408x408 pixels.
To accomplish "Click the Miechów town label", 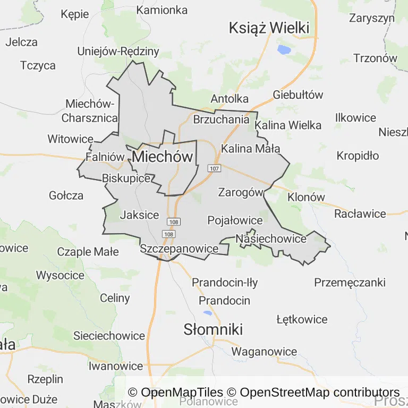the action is [162, 157].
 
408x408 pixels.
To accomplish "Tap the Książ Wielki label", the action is [269, 28].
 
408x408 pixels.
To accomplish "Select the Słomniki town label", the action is [213, 329].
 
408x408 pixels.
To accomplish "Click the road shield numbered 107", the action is [214, 168].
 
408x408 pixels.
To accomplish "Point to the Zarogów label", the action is [241, 192].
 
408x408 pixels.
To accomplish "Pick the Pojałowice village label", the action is [235, 220].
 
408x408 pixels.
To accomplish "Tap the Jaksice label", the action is [139, 215].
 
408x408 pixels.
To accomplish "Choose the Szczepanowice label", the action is [179, 248].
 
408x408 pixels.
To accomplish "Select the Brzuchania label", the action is [221, 119].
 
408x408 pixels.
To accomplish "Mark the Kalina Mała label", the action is [250, 148].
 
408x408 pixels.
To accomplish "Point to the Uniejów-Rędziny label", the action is [118, 52].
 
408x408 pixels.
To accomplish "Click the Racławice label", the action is [360, 214].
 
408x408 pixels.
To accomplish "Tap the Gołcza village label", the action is [66, 195].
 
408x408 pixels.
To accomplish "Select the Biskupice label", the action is [126, 178].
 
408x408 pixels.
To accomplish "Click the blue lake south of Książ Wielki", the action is [284, 50].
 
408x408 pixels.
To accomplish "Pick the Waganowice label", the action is [264, 351].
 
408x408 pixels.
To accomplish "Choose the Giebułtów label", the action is [297, 95].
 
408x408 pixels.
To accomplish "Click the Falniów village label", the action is [104, 157].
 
